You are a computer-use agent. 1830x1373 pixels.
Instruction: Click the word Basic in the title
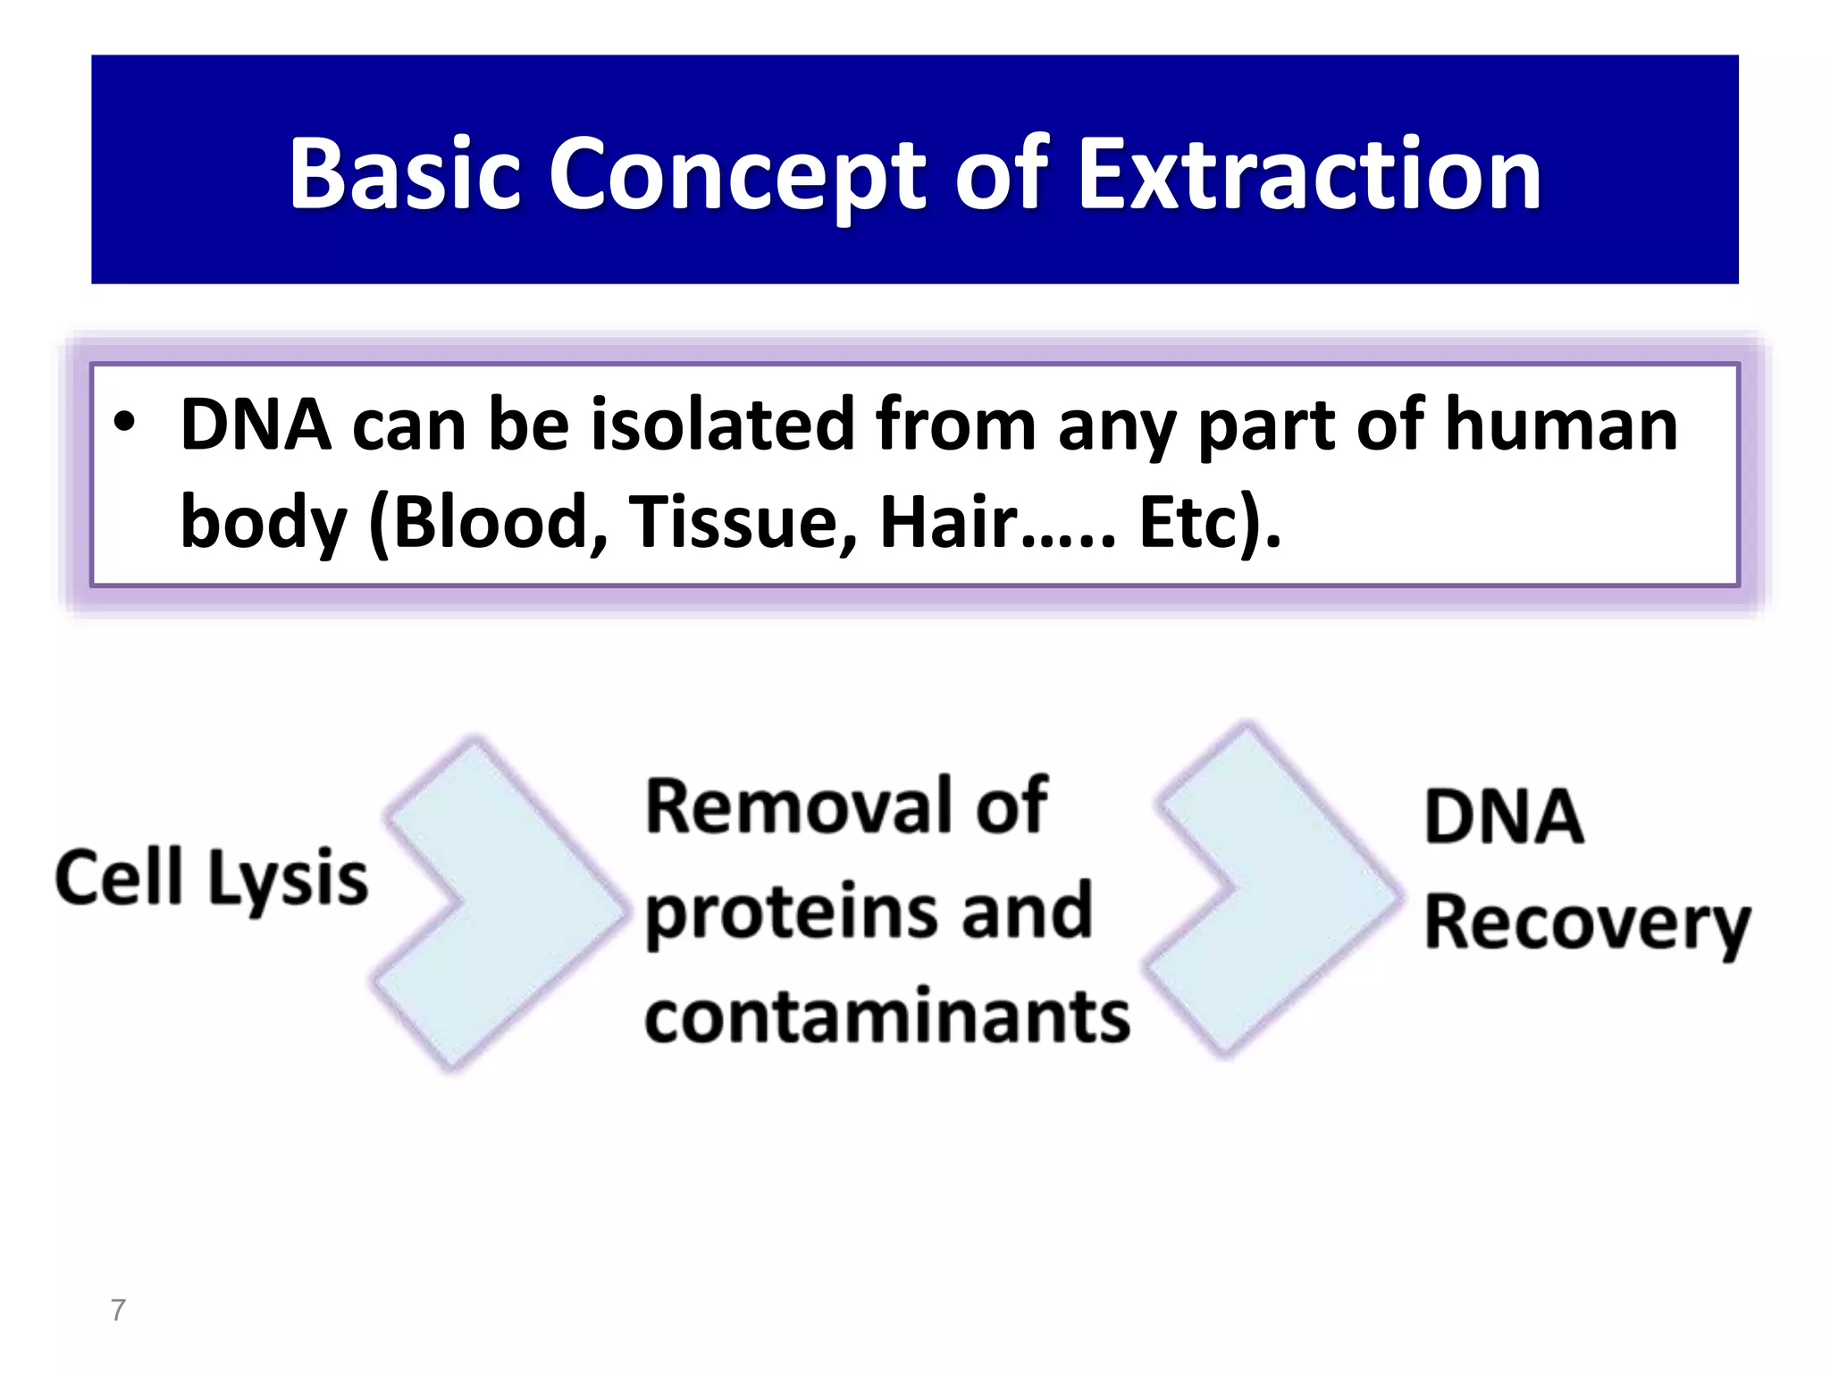404,174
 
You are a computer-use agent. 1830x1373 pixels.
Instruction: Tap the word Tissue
742,522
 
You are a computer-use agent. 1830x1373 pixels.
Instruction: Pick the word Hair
949,522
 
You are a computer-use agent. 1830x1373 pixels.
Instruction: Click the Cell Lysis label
211,878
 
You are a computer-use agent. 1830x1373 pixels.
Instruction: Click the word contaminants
886,1017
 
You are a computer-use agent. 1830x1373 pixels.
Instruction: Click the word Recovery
1586,924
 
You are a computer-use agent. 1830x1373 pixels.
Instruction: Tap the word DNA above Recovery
1504,817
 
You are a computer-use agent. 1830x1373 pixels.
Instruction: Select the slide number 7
118,1310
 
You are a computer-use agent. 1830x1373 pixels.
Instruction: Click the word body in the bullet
263,524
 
